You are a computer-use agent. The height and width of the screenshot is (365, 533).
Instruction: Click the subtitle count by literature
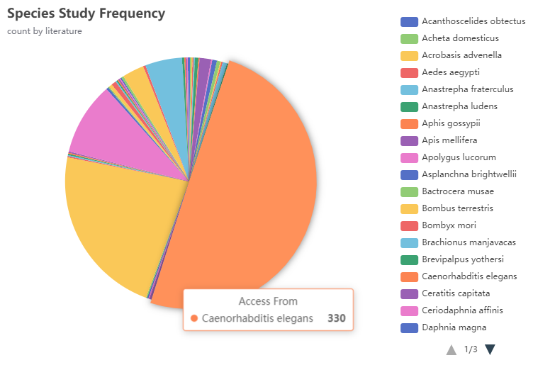click(44, 31)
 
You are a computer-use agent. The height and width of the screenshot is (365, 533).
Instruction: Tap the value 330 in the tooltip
click(336, 318)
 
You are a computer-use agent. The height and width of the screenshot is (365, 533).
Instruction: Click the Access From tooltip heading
click(268, 301)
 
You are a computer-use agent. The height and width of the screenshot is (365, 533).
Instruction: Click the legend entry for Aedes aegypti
click(451, 72)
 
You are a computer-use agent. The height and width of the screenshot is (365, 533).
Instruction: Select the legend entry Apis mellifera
click(449, 140)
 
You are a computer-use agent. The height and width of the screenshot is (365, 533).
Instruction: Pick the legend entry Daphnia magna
click(454, 327)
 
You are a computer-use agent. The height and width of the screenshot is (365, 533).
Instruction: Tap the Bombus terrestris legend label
click(457, 208)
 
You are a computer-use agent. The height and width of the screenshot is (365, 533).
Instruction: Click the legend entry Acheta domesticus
click(460, 38)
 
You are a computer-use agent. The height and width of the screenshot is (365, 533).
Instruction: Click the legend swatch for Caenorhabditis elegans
click(409, 276)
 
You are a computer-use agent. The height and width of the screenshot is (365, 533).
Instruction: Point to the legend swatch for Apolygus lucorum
click(409, 157)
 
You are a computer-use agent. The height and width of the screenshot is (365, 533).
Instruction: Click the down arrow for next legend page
click(490, 349)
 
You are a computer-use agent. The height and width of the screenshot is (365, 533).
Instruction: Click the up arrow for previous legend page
click(451, 349)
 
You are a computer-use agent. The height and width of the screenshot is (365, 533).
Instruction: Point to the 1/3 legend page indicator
click(471, 349)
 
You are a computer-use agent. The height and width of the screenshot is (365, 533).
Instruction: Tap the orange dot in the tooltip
click(194, 319)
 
